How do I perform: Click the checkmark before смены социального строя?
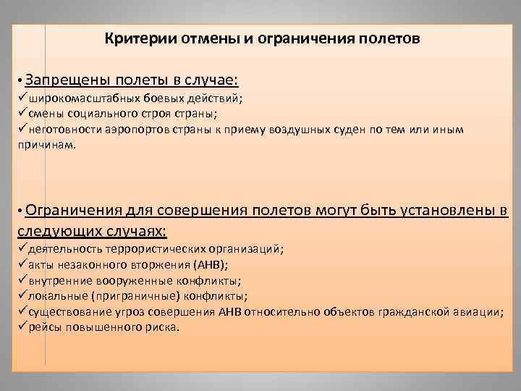22,114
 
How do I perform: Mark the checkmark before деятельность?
22,249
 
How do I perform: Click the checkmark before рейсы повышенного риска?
22,327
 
